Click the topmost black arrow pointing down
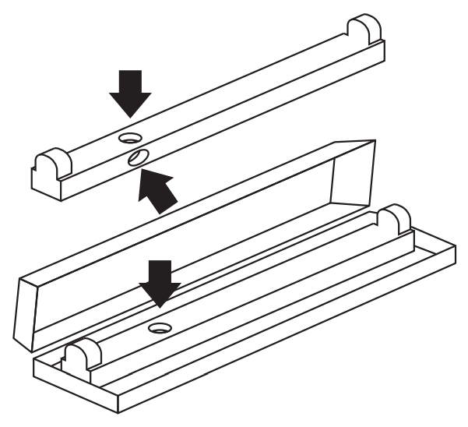(129, 90)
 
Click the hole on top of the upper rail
(128, 137)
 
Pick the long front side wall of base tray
(288, 335)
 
